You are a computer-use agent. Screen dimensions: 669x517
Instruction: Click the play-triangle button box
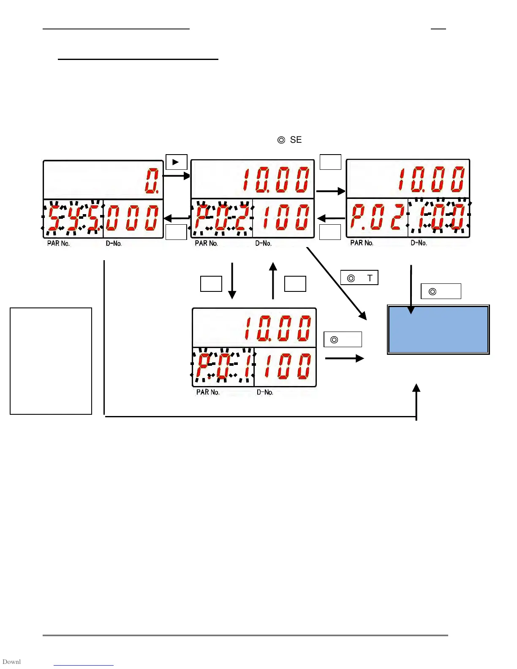176,162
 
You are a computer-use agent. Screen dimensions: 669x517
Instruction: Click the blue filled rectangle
438,329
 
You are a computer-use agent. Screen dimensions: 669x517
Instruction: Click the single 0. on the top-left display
152,180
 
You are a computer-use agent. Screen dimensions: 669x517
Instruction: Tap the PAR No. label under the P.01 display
208,392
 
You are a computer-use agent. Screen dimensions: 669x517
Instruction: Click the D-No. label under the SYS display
114,244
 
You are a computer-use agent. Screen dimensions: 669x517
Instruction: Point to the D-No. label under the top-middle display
263,244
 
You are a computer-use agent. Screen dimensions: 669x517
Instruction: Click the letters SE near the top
296,140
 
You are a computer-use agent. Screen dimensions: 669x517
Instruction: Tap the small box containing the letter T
359,278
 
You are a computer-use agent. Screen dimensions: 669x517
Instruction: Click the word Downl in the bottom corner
11,662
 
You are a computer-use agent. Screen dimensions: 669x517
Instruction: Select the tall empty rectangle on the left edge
51,361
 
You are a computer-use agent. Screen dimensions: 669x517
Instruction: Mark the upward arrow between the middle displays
273,280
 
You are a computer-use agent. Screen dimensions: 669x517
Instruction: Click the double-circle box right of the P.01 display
343,340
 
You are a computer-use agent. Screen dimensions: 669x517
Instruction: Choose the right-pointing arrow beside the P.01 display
344,359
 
